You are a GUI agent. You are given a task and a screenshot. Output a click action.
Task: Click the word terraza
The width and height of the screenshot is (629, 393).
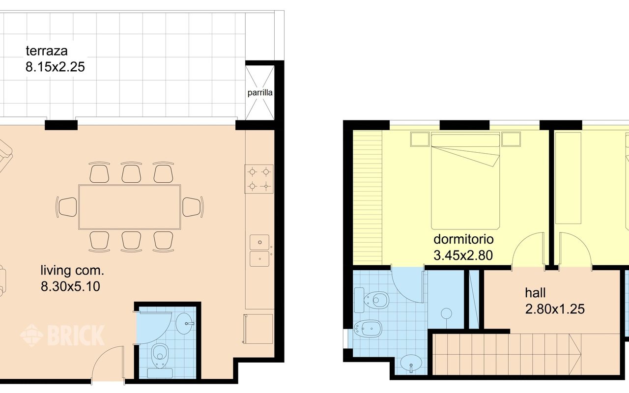[x=46, y=51]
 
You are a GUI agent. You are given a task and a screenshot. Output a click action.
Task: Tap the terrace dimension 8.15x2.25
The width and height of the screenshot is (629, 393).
[x=55, y=67]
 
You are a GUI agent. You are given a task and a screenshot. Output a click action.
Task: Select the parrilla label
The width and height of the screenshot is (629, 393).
[x=260, y=93]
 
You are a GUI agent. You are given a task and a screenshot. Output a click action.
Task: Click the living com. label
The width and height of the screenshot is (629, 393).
[x=72, y=270]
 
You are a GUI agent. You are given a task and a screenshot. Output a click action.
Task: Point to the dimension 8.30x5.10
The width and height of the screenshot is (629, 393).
[x=70, y=286]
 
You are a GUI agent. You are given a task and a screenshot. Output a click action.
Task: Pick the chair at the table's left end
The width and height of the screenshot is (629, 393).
[x=67, y=207]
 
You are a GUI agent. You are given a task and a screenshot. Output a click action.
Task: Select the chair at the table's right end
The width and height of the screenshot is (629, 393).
[x=193, y=207]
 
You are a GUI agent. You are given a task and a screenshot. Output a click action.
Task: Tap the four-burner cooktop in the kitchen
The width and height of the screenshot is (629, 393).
[x=259, y=179]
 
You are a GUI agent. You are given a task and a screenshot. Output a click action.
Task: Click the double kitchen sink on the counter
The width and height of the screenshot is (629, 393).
[x=259, y=251]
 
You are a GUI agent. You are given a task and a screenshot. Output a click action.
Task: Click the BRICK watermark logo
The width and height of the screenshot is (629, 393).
[x=62, y=335]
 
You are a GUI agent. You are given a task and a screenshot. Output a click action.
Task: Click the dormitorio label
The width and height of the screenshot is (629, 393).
[x=463, y=239]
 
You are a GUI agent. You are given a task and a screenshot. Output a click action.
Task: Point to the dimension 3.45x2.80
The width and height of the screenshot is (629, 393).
[x=463, y=255]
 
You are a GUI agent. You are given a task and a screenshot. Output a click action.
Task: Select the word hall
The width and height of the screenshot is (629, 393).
[x=535, y=293]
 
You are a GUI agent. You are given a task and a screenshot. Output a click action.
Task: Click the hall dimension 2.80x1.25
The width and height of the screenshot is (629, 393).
[x=554, y=309]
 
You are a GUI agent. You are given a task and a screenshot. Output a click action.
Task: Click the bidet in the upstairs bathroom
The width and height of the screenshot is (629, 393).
[x=369, y=327]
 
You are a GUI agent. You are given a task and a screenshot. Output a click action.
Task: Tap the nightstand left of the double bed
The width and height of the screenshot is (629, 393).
[x=420, y=140]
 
